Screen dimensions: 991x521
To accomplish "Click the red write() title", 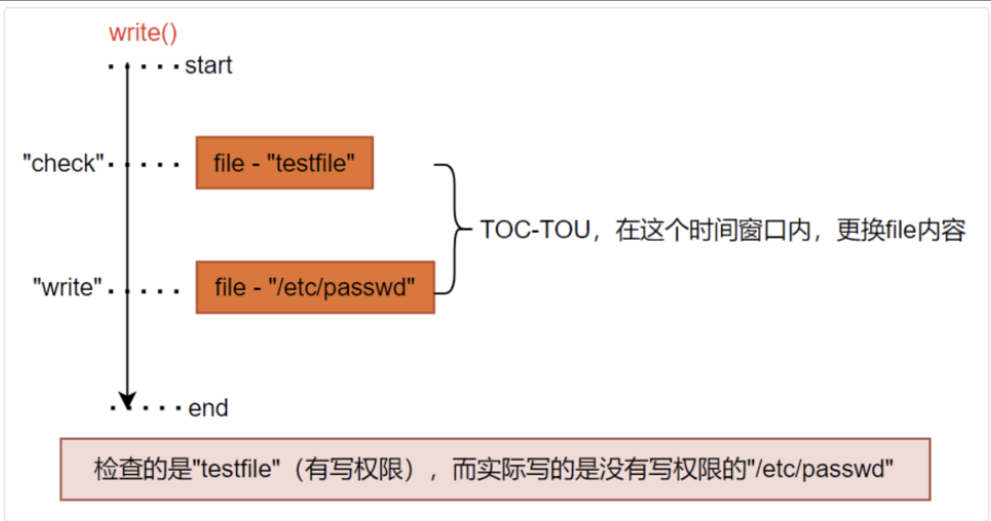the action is (143, 33).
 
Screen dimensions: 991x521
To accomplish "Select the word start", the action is (209, 66).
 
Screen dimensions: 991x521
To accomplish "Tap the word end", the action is (209, 408).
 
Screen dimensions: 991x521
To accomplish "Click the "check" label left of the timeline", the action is (63, 163).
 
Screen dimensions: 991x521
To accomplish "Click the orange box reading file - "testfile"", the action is (285, 163).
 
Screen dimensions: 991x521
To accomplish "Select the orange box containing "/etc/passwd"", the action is (316, 287).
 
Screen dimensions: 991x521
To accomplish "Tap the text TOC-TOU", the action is (535, 229).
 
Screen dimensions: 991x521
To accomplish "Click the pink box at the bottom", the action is (495, 469).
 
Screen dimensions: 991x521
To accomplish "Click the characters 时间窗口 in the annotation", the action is (738, 230).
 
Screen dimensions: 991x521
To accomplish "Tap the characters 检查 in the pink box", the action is (119, 469).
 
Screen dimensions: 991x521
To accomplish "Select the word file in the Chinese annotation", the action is (901, 229).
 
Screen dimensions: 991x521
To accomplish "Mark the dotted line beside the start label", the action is (144, 67).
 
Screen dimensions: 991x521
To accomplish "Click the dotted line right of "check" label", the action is (144, 165).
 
